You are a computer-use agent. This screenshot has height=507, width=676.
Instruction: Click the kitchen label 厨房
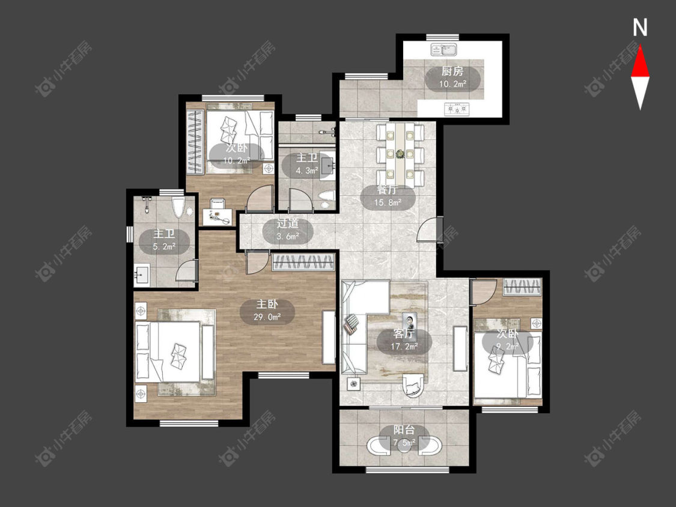tap(452, 71)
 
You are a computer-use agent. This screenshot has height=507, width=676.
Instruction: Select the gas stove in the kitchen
tap(456, 109)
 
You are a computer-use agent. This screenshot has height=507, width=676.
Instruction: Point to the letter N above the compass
tap(640, 28)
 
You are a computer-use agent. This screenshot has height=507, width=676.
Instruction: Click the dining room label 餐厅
tap(387, 190)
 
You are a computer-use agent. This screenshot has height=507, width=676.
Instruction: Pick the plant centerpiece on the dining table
tap(400, 153)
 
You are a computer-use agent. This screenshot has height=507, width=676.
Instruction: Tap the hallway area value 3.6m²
tap(288, 236)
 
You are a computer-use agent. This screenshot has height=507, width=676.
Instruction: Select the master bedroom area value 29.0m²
tap(267, 317)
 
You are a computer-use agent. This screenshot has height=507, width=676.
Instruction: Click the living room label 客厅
tap(404, 333)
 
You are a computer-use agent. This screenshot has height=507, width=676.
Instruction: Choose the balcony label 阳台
tap(404, 430)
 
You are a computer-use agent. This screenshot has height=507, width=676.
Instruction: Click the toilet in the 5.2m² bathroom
tap(178, 207)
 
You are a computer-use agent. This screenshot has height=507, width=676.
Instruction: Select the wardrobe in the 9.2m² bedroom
tap(522, 287)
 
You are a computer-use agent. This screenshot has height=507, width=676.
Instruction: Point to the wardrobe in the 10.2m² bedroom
tap(195, 142)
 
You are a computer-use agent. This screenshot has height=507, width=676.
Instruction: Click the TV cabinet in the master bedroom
tap(329, 338)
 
